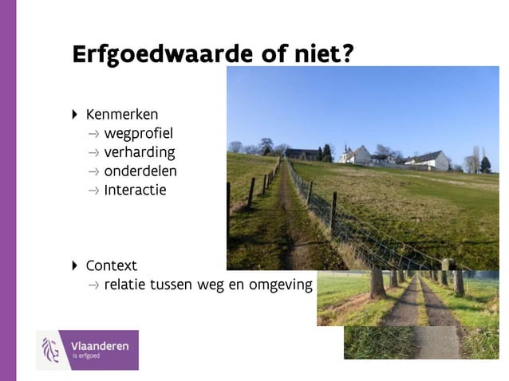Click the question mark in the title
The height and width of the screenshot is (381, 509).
point(348,53)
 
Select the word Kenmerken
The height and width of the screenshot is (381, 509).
point(122,114)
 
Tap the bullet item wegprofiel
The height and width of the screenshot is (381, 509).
point(138,133)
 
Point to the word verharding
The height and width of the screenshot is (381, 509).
point(140,152)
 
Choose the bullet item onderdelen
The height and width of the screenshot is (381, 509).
point(140,171)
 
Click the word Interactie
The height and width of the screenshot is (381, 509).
point(135,190)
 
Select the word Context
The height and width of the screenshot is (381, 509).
point(112,265)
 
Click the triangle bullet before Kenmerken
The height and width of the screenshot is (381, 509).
point(75,114)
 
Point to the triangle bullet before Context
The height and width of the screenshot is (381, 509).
point(75,265)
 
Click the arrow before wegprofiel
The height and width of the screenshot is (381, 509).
point(94,134)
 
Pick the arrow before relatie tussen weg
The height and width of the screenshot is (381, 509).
point(94,285)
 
